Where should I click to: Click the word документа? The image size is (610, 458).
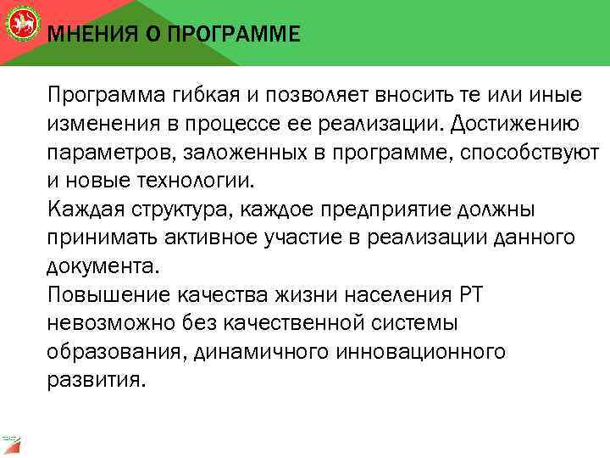[x=102, y=266]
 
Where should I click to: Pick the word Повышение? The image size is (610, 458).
[x=109, y=295]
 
